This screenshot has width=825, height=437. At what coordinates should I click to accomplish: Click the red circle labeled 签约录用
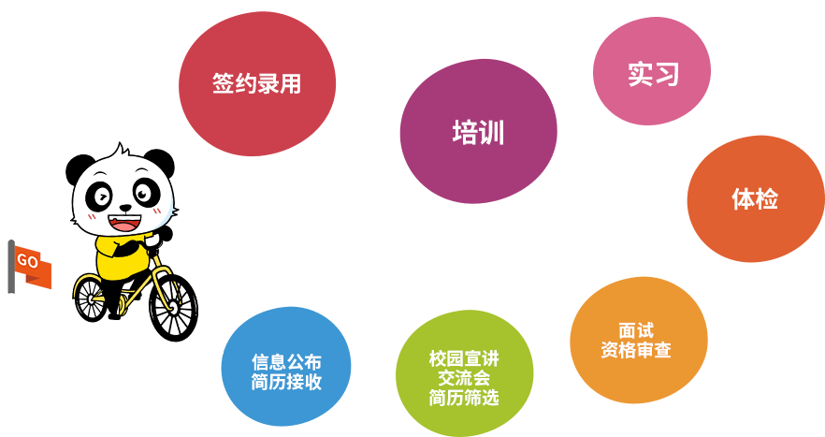click(x=256, y=83)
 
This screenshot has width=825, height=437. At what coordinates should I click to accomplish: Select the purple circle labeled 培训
click(x=478, y=132)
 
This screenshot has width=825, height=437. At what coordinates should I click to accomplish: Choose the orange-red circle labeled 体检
click(x=754, y=198)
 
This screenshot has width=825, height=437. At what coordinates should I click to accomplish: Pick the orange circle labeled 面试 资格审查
click(x=635, y=341)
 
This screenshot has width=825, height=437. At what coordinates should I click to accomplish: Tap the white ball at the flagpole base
click(x=11, y=305)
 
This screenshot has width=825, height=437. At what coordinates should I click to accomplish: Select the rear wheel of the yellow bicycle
click(x=93, y=298)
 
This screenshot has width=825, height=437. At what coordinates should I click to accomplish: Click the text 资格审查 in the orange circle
click(x=635, y=351)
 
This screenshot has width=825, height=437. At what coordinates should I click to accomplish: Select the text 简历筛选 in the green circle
click(x=464, y=397)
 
